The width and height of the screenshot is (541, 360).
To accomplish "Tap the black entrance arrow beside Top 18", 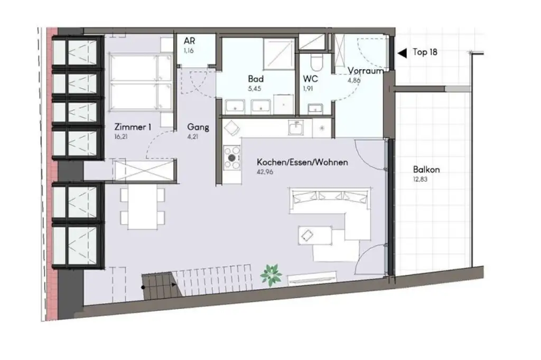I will pyautogui.click(x=402, y=52).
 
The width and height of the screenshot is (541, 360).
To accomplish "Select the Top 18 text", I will pyautogui.click(x=425, y=52).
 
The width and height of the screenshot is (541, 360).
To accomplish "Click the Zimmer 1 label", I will pyautogui.click(x=133, y=127).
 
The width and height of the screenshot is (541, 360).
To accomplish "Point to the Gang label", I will pyautogui.click(x=198, y=127).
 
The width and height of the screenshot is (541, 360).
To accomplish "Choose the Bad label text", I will pyautogui.click(x=256, y=79).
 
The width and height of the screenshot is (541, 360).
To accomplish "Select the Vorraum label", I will pyautogui.click(x=366, y=71).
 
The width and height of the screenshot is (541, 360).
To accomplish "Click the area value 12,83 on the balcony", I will pyautogui.click(x=422, y=180).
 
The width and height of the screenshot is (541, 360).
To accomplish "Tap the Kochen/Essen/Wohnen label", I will pyautogui.click(x=302, y=162).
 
